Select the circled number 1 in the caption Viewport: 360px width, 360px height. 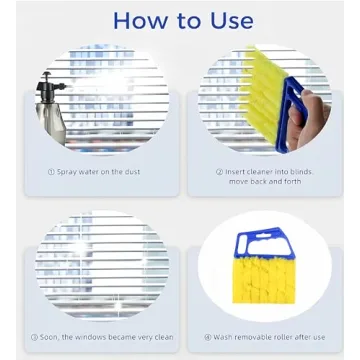51,172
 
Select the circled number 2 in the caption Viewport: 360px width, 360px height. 218,171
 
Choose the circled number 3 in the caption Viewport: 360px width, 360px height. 36,336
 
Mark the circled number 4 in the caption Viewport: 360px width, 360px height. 207,336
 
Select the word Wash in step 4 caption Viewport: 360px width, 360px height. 224,336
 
